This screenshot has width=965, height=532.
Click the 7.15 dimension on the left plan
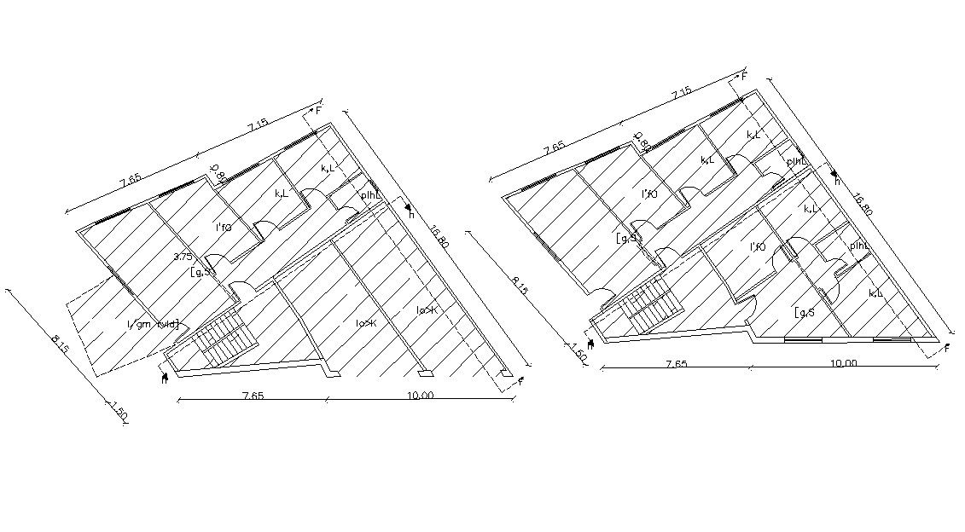[259, 125]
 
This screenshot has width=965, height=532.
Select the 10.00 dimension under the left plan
[421, 395]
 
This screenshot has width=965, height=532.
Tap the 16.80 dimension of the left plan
[439, 234]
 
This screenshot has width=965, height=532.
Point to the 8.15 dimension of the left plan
[60, 344]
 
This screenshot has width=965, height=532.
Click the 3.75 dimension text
[182, 256]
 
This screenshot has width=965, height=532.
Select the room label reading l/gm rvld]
[154, 324]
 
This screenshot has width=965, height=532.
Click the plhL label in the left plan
[371, 195]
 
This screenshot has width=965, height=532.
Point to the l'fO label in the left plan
[224, 228]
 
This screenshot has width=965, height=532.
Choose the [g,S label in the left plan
[203, 273]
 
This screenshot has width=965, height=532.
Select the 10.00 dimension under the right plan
[843, 363]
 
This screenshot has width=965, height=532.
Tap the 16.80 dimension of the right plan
[863, 203]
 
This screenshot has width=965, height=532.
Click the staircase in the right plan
[651, 304]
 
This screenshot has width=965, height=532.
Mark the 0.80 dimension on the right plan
[642, 140]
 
